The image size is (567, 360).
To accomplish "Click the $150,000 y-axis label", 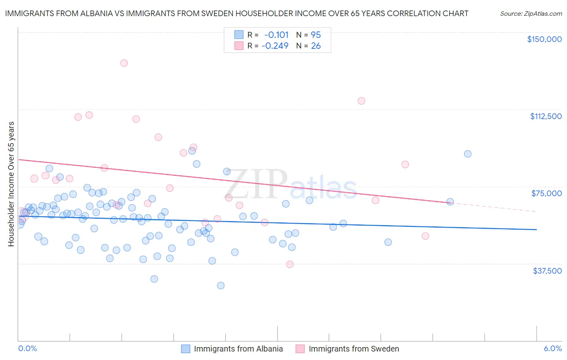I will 544,39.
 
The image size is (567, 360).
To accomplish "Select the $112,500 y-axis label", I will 546,116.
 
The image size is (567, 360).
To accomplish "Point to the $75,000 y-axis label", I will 546,193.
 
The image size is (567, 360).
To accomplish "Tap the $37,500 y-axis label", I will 547,271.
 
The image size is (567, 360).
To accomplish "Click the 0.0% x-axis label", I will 27,348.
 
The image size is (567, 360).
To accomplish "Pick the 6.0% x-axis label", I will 552,348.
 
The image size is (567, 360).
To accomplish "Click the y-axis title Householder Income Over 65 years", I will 11,184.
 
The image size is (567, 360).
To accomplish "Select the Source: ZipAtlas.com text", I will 531,14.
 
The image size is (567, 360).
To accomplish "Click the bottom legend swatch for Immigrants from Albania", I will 186,349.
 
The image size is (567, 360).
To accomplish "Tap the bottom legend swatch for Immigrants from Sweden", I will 300,349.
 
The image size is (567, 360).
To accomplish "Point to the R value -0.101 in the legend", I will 276,35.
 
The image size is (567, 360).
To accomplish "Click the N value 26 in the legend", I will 316,46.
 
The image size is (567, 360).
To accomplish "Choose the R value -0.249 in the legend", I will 275,46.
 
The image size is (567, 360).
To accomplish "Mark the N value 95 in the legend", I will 316,35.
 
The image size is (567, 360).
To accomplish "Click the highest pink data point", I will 124,63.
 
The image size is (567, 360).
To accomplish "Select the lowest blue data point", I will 221,285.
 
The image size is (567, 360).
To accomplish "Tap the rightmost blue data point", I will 467,154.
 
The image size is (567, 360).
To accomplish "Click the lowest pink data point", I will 290,264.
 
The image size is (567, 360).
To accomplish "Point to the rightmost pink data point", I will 425,236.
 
